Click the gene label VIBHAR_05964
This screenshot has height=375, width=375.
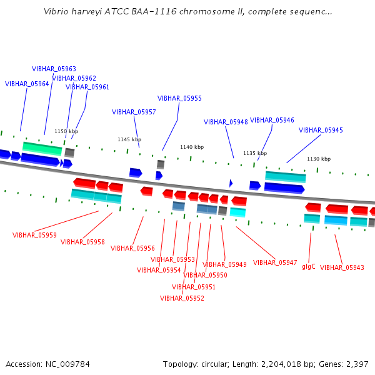(27, 84)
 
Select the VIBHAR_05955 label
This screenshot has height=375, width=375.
(179, 98)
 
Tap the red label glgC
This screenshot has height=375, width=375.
(309, 267)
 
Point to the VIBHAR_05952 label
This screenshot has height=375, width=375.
(182, 298)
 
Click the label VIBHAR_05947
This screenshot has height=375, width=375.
(275, 263)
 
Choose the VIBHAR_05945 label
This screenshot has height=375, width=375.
(321, 130)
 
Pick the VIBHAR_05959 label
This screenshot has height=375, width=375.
(34, 235)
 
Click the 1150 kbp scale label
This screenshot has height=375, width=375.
(66, 131)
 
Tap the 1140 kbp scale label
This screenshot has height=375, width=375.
(192, 147)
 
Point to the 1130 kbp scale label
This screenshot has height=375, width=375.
(319, 159)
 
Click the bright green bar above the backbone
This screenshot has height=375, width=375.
(42, 149)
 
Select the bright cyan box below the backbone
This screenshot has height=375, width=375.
(237, 212)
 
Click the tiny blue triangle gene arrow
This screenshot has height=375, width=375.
(231, 183)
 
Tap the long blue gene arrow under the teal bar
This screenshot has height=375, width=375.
(284, 187)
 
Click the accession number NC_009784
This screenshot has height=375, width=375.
(67, 364)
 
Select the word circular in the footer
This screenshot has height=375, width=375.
(214, 364)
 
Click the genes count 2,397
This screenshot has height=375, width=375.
(357, 364)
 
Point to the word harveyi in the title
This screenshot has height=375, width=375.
(87, 12)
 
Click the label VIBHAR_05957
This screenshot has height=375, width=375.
(134, 112)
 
